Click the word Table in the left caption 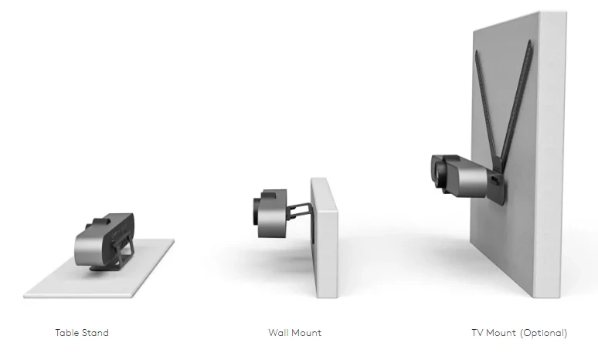point(66,333)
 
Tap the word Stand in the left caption point(94,333)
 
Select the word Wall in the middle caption point(277,333)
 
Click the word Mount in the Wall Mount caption point(306,333)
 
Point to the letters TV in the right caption point(478,333)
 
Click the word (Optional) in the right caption point(543,333)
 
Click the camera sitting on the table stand point(104,240)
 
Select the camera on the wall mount point(270,212)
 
